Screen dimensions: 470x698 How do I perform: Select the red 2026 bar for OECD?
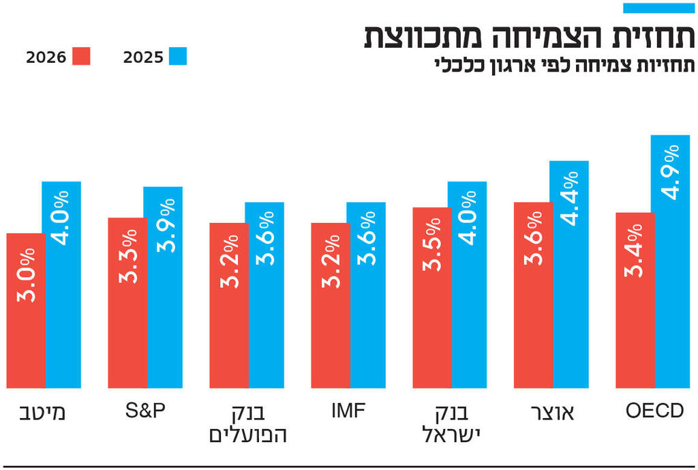tap(635, 300)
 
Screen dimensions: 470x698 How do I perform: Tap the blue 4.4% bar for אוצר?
tap(569, 274)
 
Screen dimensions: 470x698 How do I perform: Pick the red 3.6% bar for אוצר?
tap(533, 295)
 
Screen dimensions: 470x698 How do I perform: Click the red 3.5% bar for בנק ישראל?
tap(431, 297)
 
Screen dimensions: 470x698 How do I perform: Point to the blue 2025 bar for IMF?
tap(366, 295)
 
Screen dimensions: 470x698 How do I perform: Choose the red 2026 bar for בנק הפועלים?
tap(228, 305)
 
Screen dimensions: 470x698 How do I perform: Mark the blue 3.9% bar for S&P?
tap(163, 287)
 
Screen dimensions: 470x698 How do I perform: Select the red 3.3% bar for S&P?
tap(127, 303)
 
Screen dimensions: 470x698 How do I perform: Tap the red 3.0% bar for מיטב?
tap(26, 310)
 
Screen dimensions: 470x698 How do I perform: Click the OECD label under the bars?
tap(654, 411)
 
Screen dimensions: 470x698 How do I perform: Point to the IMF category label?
tap(348, 411)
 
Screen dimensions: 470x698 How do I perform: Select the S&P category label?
tap(145, 411)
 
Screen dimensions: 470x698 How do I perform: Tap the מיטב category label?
tap(44, 413)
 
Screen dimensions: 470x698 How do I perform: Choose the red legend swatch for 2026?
tap(81, 57)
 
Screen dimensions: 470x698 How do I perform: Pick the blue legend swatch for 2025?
tap(178, 57)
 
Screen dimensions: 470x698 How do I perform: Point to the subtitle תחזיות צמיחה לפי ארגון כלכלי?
tap(565, 66)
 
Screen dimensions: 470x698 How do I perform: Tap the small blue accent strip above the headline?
tap(658, 8)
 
